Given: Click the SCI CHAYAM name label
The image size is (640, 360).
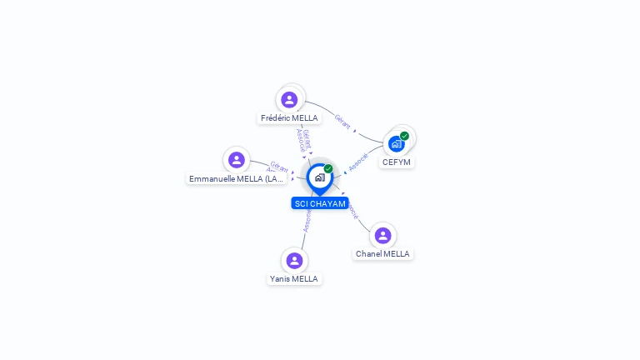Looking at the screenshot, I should click(x=320, y=203).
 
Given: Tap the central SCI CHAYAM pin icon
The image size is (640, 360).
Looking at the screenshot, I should click(x=319, y=177).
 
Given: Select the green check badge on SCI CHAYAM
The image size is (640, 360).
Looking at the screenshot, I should click(x=328, y=169).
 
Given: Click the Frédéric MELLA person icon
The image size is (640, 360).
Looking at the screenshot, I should click(x=289, y=100).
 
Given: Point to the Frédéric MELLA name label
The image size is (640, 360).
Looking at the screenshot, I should click(x=289, y=118).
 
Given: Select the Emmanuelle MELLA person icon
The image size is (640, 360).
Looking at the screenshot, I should click(x=237, y=160).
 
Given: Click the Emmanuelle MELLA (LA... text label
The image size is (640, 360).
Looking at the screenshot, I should click(x=237, y=179).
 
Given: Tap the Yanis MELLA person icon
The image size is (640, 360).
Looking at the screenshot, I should click(x=293, y=260).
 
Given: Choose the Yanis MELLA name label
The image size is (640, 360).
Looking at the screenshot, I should click(x=293, y=279).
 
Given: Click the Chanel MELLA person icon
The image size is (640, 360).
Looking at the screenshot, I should click(x=382, y=236).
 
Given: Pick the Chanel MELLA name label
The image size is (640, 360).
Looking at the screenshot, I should click(x=382, y=254).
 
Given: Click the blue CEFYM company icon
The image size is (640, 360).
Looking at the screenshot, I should click(x=397, y=143).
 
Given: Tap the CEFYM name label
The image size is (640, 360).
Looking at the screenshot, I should click(x=397, y=162).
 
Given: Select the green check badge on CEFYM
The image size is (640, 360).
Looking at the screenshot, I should click(x=404, y=136).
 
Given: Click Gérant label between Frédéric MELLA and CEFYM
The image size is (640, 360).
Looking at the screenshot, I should click(x=342, y=121).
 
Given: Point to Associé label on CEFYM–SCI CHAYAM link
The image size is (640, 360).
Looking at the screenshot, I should click(x=358, y=162).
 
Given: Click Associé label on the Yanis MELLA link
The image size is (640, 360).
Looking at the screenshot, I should click(x=307, y=220).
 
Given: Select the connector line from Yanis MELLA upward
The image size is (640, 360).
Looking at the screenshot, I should click(x=303, y=238).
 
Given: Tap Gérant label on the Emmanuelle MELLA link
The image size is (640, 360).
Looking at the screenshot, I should click(x=279, y=167).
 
